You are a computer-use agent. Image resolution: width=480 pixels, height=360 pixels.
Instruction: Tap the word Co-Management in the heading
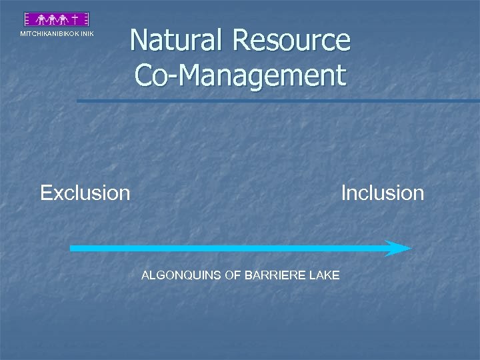[x=241, y=75]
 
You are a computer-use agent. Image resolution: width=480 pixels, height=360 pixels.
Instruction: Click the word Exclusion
[x=85, y=193]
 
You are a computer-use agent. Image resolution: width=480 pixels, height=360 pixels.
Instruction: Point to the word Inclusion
[x=382, y=193]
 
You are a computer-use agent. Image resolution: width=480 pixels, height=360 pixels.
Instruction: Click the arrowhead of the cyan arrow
[x=400, y=248]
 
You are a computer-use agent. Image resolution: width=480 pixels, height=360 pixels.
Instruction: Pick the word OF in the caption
[x=233, y=275]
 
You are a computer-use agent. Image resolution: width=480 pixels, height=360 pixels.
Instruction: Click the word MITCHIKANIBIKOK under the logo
[x=49, y=34]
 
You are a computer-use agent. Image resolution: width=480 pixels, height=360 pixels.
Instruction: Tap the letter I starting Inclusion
[x=343, y=193]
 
